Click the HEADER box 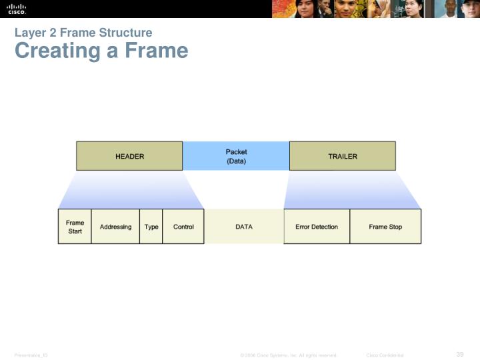coord(129,156)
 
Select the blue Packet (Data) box coord(236,156)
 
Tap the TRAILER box coord(342,156)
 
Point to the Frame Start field coord(75,227)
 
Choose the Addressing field coord(115,227)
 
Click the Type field coord(151,227)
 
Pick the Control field coord(183,227)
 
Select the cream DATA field coord(244,227)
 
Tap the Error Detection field coord(317,227)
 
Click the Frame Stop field coord(385,227)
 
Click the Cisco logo coord(17,9)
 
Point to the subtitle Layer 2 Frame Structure coord(83,33)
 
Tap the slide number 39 coord(459,354)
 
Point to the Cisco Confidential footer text coord(385,355)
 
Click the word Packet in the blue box coord(236,152)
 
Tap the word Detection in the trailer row coord(325,227)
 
